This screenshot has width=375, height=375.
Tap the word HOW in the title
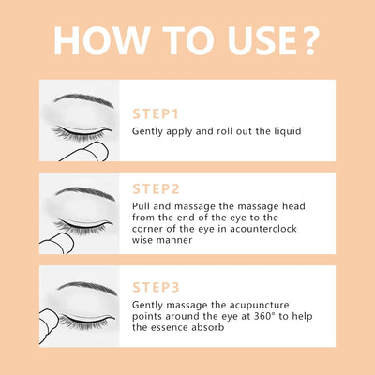[101, 41]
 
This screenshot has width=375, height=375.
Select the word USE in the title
[262, 41]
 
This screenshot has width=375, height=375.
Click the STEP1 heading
[156, 114]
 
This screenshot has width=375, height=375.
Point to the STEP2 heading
[156, 189]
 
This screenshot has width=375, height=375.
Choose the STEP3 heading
[156, 287]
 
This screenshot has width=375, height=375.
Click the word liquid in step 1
[288, 131]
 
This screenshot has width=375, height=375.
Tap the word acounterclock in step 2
[263, 229]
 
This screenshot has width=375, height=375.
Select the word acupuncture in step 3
[259, 306]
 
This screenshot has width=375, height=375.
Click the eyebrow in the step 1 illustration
[83, 99]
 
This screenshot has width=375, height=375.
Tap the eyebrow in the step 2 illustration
[85, 193]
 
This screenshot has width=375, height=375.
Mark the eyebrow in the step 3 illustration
[87, 288]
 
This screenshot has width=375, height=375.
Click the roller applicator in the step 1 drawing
[86, 152]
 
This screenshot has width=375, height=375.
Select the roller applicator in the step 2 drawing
[57, 244]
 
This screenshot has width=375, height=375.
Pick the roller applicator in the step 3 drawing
[48, 326]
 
